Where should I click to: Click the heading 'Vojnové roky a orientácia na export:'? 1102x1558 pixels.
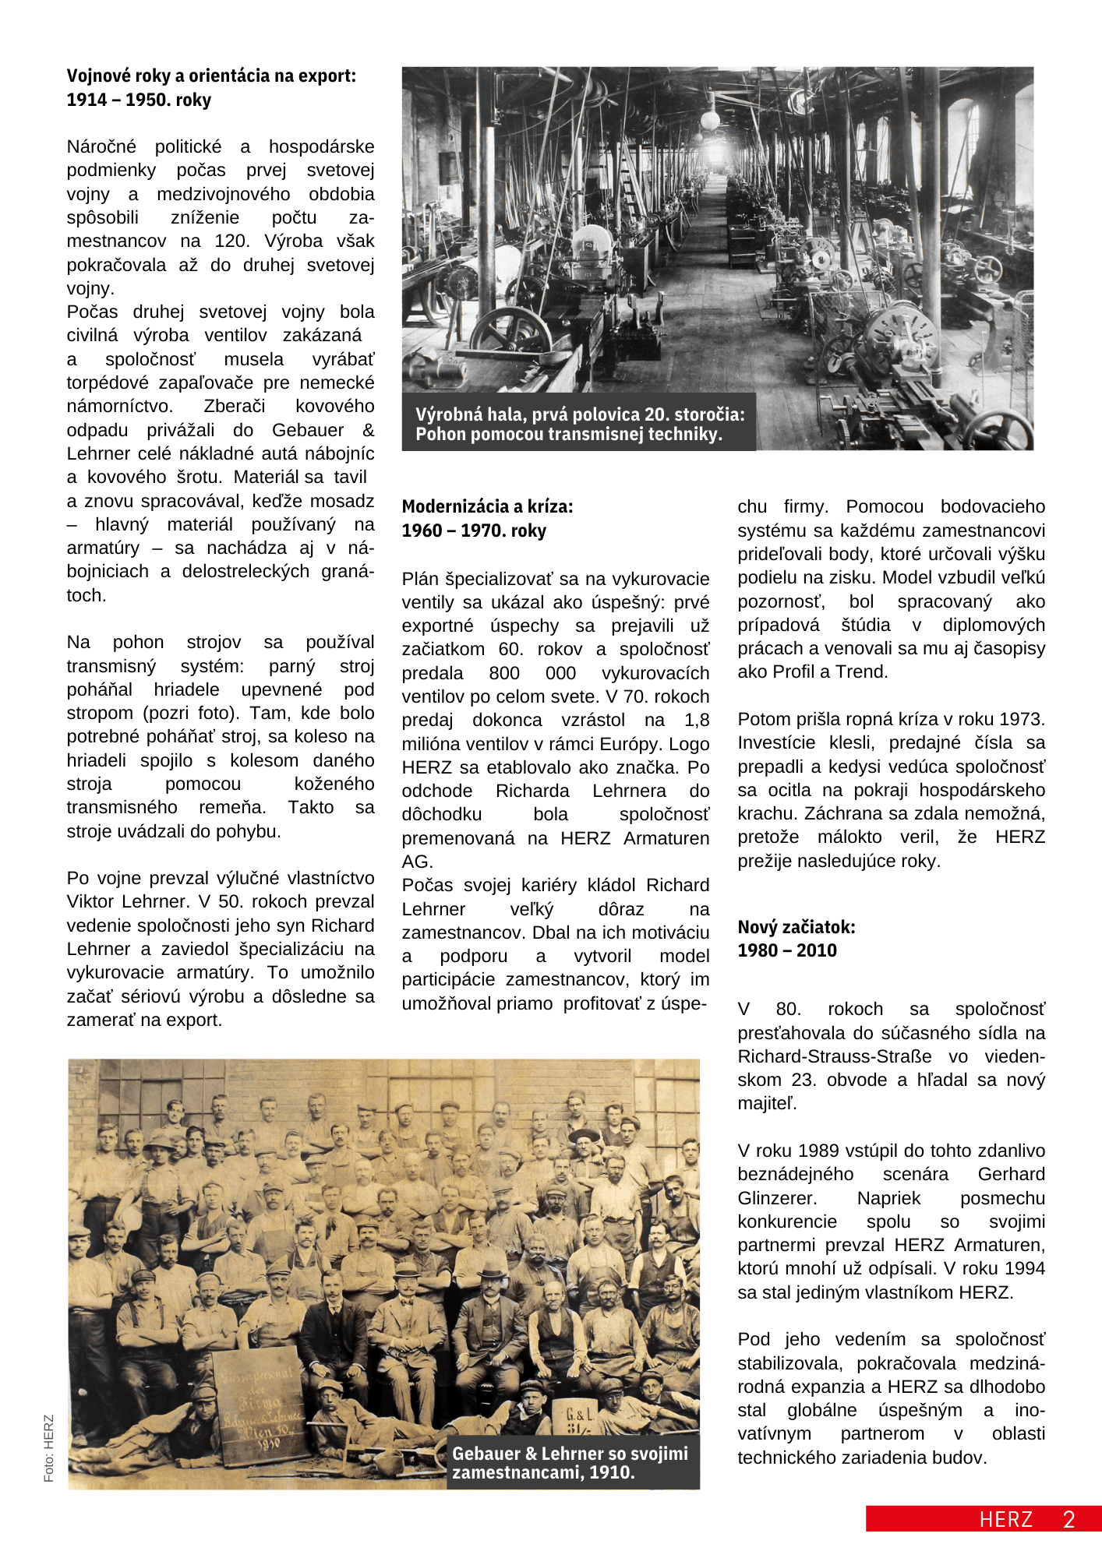211,76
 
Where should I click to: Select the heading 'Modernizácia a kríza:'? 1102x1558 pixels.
487,506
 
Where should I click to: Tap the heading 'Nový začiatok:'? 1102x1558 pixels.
796,927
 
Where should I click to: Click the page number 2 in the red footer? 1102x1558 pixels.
1069,1519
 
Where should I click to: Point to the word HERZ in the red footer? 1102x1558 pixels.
1005,1519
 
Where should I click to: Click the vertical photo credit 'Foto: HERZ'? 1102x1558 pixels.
49,1448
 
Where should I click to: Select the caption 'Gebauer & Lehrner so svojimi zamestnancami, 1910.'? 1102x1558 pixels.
570,1462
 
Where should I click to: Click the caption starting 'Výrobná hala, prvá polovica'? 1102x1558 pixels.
579,424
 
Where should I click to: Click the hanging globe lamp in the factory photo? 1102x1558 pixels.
709,120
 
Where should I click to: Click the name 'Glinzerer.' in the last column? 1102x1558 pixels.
777,1198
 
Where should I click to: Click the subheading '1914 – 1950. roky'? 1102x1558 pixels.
139,100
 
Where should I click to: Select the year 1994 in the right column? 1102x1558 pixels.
1023,1268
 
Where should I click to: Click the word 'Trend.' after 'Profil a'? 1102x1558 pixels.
864,671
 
